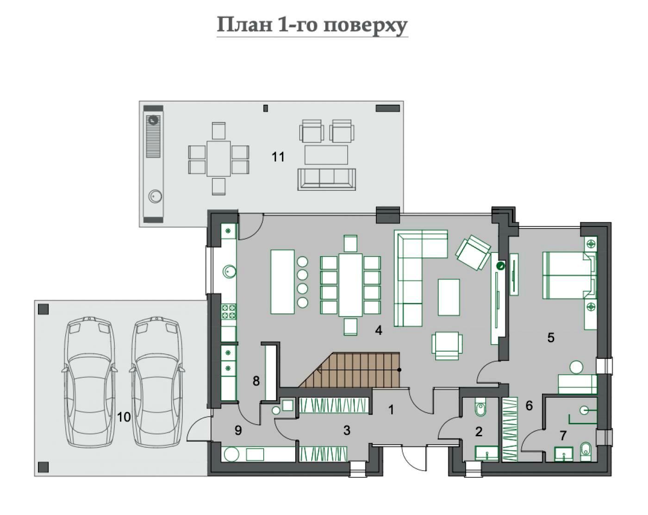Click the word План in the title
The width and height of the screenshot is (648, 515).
click(244, 25)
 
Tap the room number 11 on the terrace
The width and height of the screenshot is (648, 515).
click(278, 157)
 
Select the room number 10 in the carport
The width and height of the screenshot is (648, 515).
click(124, 417)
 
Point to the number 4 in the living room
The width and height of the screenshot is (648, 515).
click(379, 330)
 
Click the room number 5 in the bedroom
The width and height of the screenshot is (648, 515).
click(551, 338)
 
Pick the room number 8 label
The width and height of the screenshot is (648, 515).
click(256, 381)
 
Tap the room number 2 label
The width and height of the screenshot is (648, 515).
click(479, 432)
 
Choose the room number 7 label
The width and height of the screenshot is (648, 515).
click(563, 435)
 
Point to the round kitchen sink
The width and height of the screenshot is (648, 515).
click(229, 271)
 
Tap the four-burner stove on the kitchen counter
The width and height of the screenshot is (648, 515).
click(229, 312)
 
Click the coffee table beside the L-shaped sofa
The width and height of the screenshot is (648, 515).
click(449, 297)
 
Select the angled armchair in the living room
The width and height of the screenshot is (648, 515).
click(473, 252)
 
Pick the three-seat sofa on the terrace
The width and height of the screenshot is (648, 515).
click(327, 179)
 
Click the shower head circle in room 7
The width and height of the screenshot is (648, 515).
click(584, 410)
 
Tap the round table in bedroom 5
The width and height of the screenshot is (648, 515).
click(576, 367)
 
